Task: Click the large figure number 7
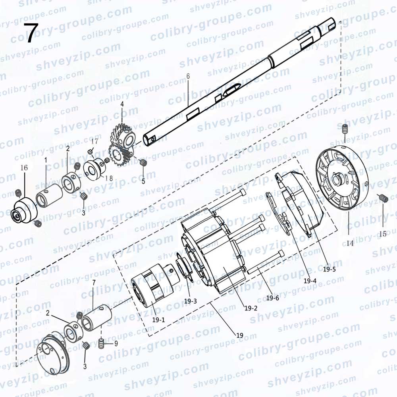pos(31,33)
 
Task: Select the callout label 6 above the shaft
pos(188,76)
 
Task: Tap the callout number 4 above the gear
pos(122,104)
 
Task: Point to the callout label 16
pos(24,168)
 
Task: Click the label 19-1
pos(158,320)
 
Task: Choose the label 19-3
pos(191,301)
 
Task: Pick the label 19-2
pos(251,308)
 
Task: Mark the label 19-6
pos(272,298)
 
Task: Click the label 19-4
pos(310,281)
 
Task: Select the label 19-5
pos(330,269)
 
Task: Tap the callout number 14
pos(350,243)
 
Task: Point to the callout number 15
pos(383,234)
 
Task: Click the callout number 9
pos(116,343)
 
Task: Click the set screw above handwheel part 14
pos(345,129)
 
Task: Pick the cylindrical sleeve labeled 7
pos(97,318)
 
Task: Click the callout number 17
pos(94,141)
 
